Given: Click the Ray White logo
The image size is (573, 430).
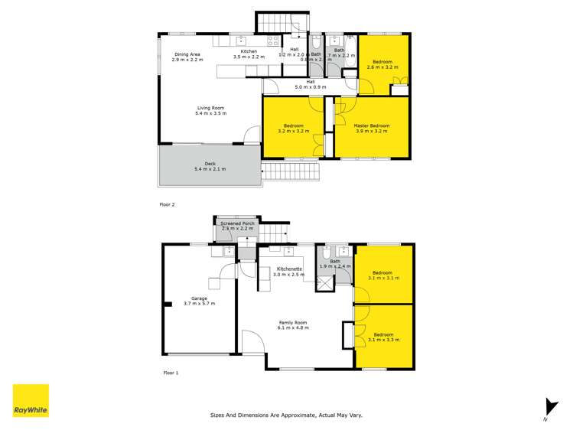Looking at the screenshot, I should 31,400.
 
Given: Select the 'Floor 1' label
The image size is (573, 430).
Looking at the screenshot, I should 171,373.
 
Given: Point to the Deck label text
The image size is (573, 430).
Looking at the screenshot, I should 210,165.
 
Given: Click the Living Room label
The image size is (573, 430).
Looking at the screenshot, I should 210,110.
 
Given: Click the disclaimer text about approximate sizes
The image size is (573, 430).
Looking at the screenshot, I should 286,415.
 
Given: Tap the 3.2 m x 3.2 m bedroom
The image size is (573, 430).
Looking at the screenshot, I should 293,128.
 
